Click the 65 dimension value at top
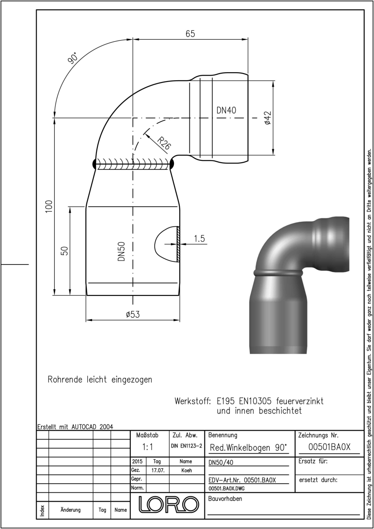[x=190, y=34]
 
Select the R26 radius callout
[x=164, y=143]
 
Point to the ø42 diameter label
[x=268, y=118]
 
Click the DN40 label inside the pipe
[x=226, y=110]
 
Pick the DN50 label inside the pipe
[x=121, y=251]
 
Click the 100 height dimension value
[x=48, y=206]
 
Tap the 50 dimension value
[x=64, y=251]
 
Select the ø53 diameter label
[x=133, y=314]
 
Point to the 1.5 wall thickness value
[x=200, y=238]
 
